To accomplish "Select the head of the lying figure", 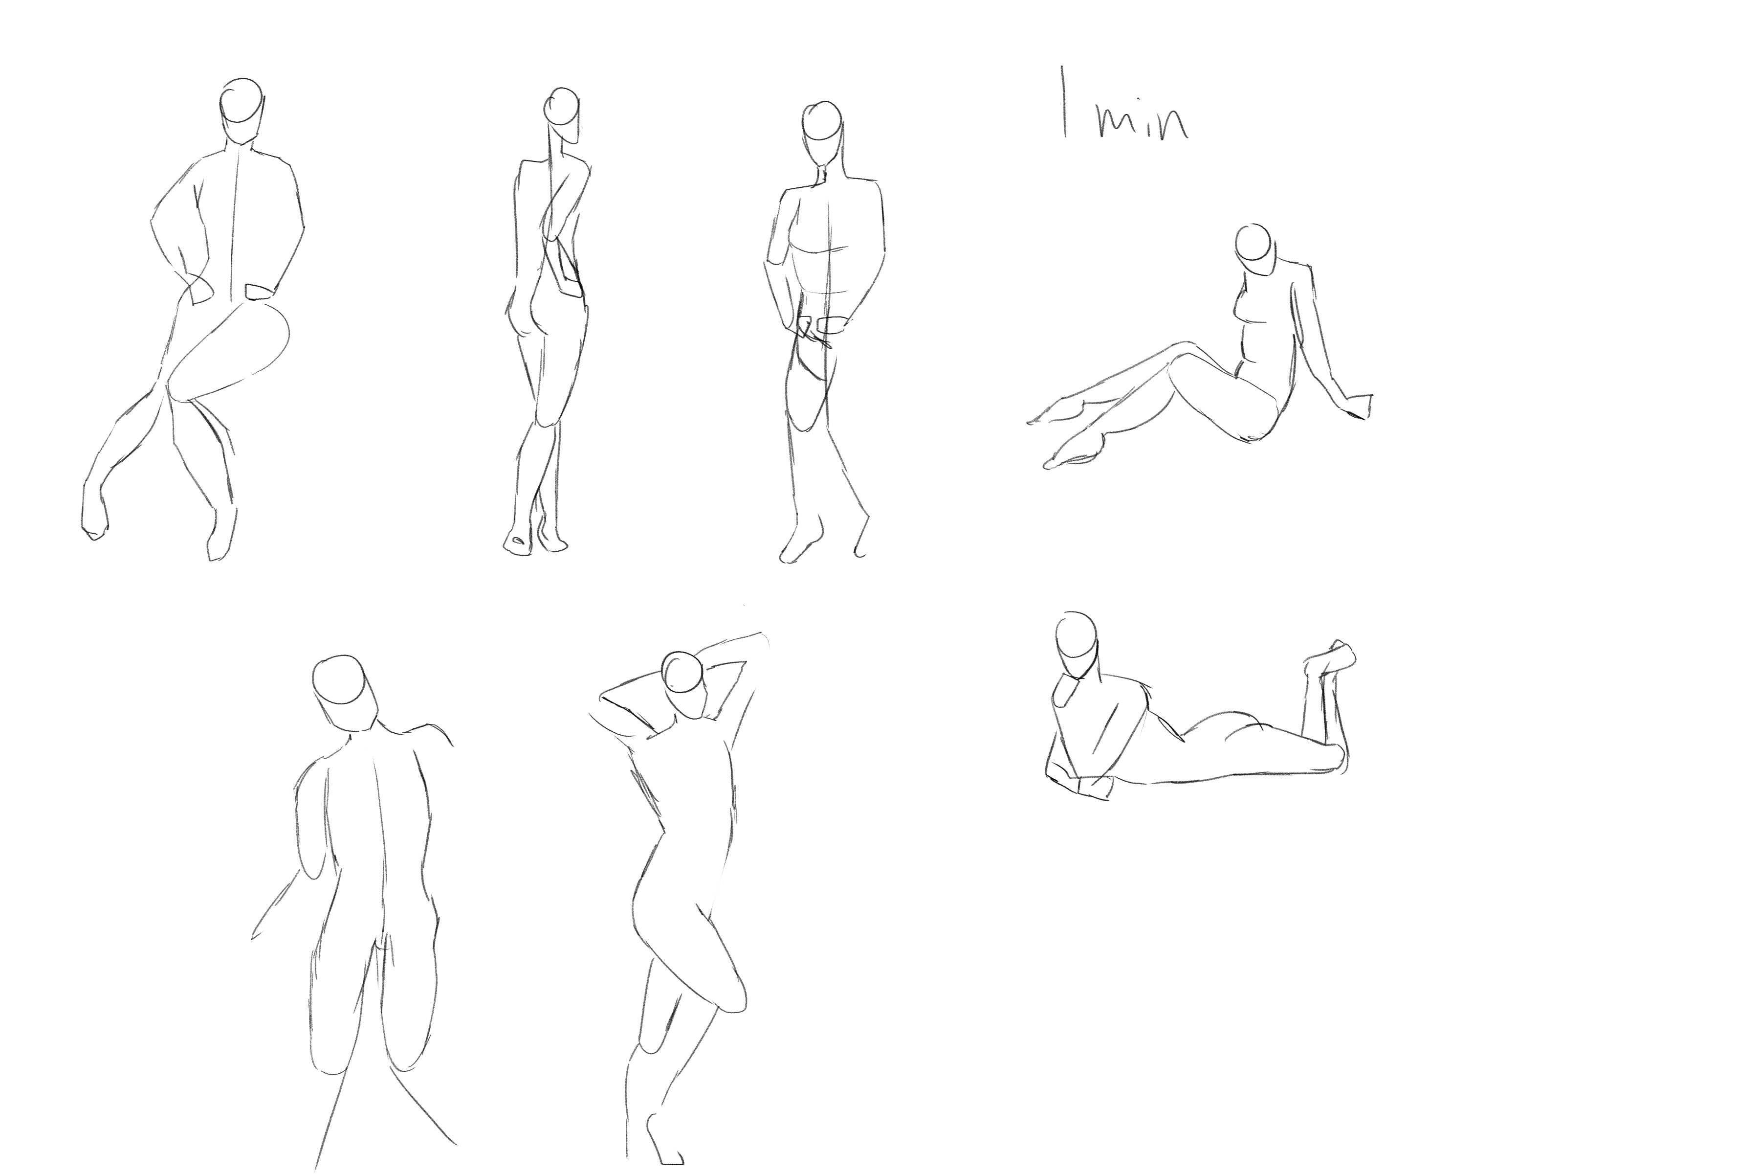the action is pyautogui.click(x=1078, y=645).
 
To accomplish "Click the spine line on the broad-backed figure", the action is pyautogui.click(x=380, y=846).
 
